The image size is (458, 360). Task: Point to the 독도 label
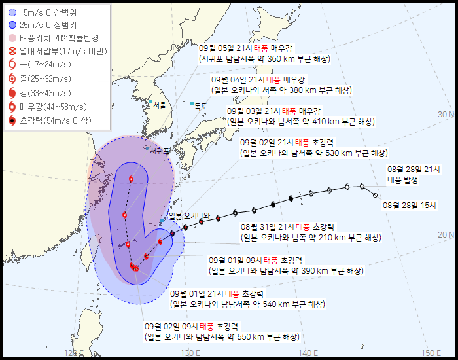[201, 106]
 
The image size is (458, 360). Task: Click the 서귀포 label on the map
[160, 151]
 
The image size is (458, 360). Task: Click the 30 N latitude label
[446, 115]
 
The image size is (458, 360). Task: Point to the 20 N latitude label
[446, 234]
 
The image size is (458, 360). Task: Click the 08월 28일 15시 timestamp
[410, 205]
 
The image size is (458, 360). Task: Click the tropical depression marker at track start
[375, 195]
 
